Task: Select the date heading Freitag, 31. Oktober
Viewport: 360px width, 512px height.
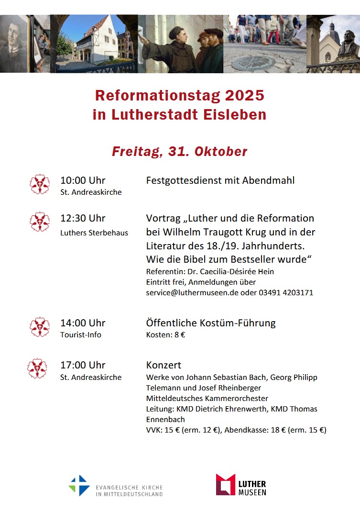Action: click(179, 152)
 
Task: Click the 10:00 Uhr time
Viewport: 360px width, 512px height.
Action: click(83, 180)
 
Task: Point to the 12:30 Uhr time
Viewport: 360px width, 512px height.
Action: click(83, 218)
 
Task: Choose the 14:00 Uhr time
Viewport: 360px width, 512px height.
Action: click(83, 323)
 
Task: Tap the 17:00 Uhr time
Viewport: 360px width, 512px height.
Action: click(83, 366)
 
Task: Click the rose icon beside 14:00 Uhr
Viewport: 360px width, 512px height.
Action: click(40, 327)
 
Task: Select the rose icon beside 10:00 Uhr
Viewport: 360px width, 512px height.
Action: click(40, 184)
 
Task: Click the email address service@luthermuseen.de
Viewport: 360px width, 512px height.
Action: click(192, 292)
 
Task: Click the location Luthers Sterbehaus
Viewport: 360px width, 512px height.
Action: click(94, 233)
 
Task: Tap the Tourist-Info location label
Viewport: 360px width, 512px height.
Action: click(81, 335)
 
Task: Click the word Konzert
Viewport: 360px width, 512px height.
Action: click(164, 366)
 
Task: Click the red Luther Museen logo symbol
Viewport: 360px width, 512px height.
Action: click(225, 484)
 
